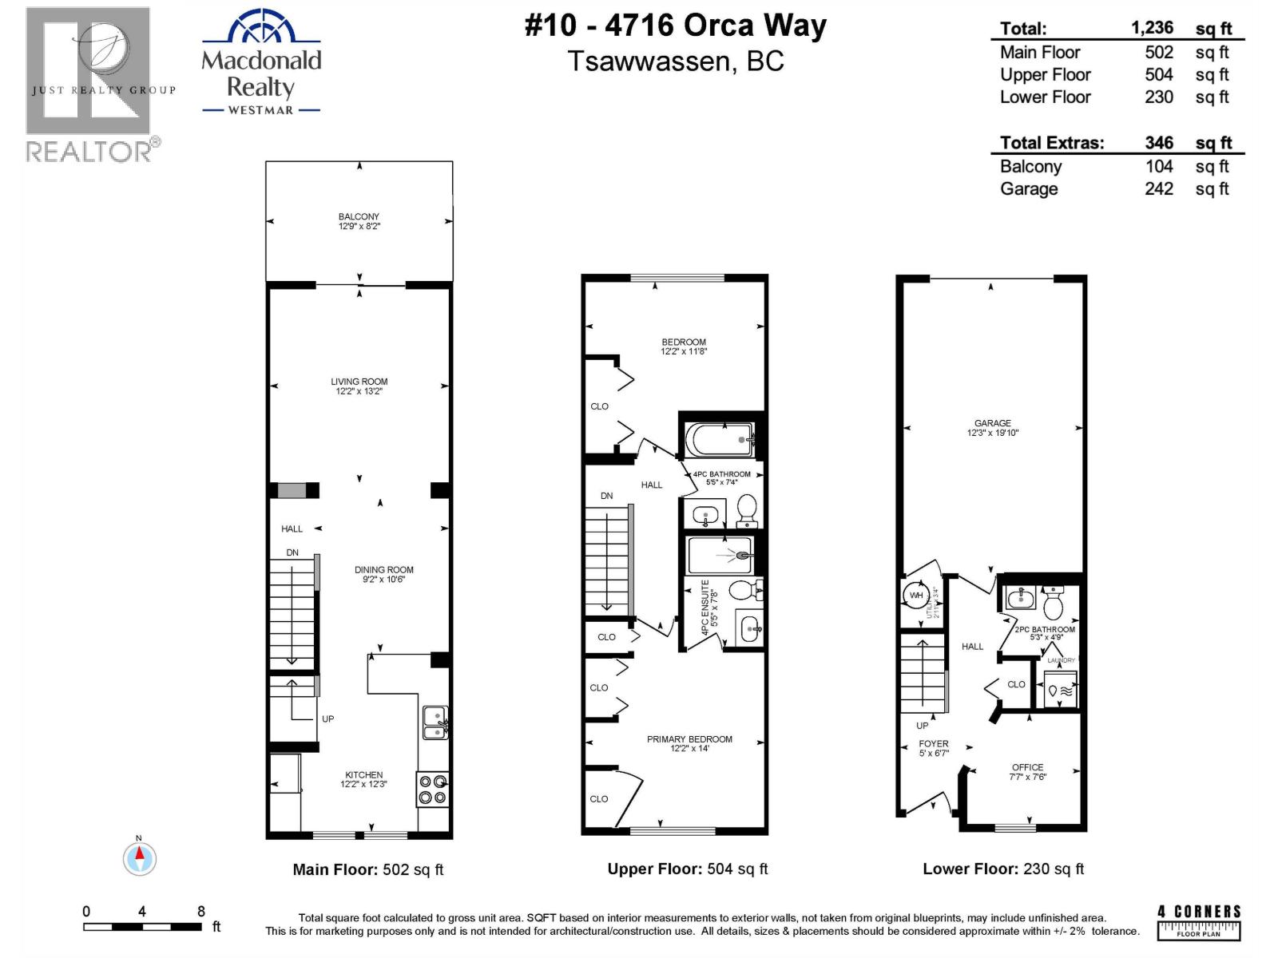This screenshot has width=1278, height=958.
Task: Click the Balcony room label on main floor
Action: (x=359, y=221)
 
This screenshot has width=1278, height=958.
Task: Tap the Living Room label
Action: (x=359, y=386)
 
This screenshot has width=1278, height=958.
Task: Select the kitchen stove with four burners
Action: (x=433, y=789)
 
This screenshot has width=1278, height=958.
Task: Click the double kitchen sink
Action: (x=435, y=722)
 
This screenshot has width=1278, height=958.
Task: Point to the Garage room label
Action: (x=992, y=428)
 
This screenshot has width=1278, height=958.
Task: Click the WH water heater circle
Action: (x=916, y=596)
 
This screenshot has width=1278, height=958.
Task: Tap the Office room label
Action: (x=1027, y=771)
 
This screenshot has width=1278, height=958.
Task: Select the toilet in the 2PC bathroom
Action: (x=1053, y=604)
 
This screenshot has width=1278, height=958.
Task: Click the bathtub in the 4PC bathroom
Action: (x=720, y=439)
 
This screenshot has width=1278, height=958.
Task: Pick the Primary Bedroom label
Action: (x=689, y=743)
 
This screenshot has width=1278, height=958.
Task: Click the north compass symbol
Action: (x=140, y=859)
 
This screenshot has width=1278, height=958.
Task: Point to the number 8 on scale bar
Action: (x=201, y=911)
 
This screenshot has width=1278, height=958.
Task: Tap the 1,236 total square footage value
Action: (x=1152, y=28)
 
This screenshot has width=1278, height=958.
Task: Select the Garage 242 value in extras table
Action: (x=1158, y=189)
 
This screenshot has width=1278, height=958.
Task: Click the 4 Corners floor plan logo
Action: (x=1199, y=922)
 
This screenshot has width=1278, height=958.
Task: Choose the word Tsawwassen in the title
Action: (x=648, y=61)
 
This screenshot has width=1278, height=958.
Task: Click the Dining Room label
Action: (x=383, y=574)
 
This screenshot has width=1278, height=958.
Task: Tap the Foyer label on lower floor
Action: (x=933, y=748)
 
